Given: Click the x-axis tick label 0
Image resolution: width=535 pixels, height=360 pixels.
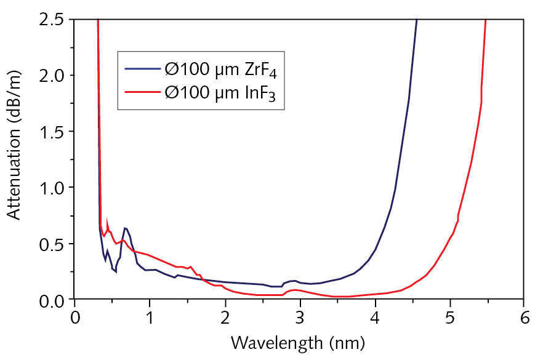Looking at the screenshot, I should coord(74,320).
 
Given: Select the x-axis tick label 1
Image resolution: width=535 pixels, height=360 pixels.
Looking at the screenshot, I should coord(150,320).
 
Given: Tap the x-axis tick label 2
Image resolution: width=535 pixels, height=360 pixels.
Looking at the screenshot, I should coord(225,320).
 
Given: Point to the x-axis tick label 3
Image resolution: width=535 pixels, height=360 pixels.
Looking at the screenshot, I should coord(300,320).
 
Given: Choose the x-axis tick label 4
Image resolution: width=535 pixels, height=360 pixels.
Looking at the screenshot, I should coord(374,320).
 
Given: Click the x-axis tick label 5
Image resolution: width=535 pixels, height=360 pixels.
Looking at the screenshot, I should coord(449,320).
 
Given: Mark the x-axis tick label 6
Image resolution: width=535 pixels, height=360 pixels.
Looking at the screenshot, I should coord(525,320).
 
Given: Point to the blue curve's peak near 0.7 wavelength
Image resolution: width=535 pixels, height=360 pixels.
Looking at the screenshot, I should coord(125,228).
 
